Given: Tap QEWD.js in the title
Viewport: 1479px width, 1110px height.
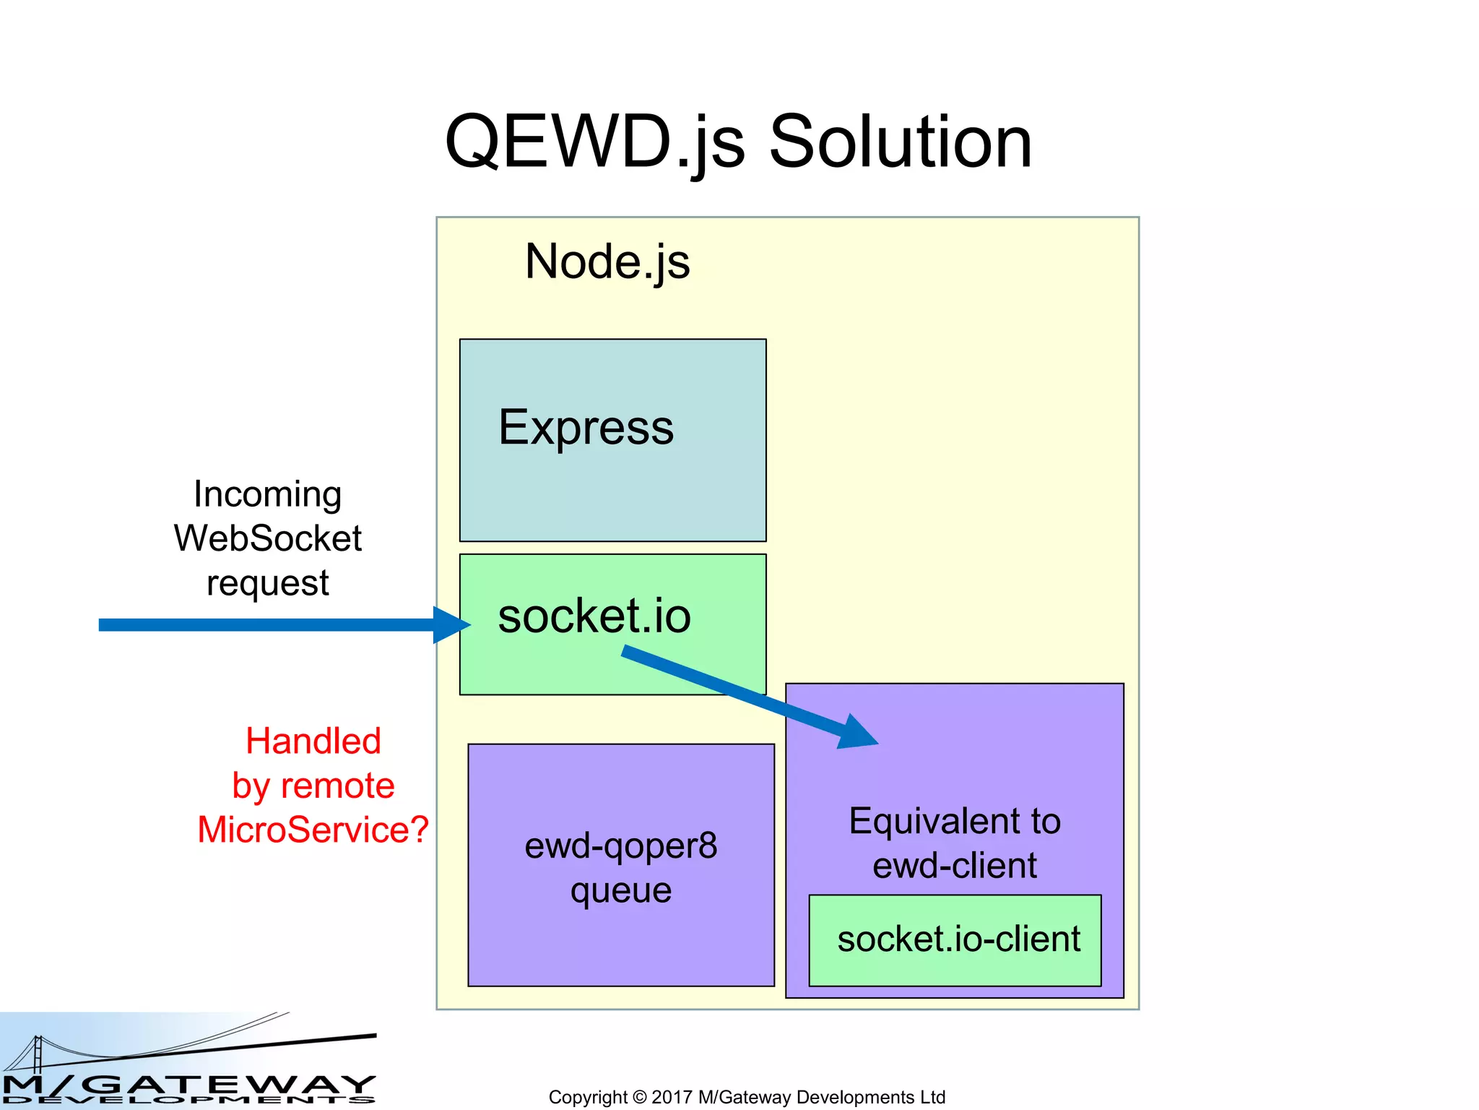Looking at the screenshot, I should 595,142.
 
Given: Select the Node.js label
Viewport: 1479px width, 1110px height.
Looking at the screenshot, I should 607,262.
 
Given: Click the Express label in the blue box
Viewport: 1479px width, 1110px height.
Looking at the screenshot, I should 586,428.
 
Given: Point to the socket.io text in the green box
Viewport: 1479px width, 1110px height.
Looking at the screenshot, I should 594,616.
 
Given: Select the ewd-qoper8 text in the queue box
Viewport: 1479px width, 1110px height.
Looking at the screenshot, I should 621,846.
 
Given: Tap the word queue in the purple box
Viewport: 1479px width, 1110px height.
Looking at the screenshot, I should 621,890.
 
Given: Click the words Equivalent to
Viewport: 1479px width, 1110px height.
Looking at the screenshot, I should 955,822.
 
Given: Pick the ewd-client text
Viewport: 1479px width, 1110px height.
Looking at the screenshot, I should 955,866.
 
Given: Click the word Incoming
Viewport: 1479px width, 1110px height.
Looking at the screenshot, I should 268,495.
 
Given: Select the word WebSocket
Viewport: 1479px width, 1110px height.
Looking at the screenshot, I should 268,539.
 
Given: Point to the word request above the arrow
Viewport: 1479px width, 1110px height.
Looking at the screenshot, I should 268,583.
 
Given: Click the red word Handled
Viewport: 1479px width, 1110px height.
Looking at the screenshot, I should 313,741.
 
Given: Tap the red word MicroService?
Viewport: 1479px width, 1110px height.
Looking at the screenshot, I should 313,830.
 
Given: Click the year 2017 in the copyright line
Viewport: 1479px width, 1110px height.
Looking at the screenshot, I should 672,1097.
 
